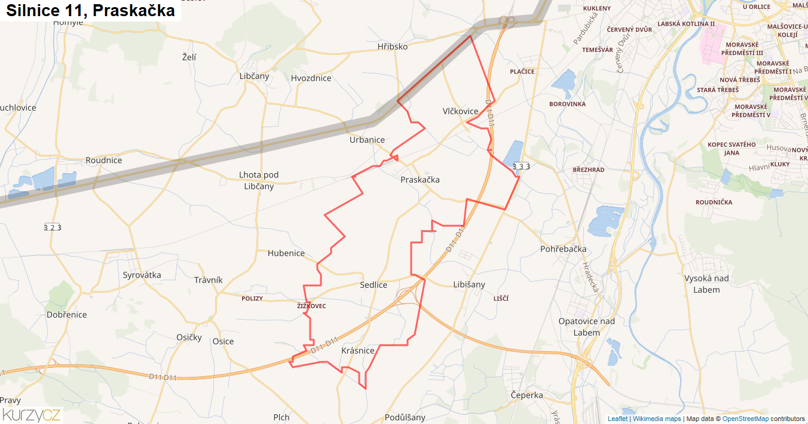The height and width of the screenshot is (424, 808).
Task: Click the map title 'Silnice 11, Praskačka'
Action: pos(91,11)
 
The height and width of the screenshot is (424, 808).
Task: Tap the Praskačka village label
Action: pos(420,179)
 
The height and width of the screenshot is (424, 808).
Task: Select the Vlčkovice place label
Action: pos(460,111)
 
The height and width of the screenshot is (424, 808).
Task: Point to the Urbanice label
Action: pos(367,140)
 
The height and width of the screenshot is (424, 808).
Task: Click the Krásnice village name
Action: pos(357,351)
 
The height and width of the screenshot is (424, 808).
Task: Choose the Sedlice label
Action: pos(374,285)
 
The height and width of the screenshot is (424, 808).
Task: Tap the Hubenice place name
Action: pos(286,253)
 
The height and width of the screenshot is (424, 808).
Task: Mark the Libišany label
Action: pos(469,284)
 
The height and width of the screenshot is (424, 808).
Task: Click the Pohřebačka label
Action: pos(563,248)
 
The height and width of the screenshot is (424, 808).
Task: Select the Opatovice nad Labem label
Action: pos(586,327)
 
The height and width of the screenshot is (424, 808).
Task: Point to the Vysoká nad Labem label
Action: pos(706,284)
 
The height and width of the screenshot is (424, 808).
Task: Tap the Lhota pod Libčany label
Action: pos(259,180)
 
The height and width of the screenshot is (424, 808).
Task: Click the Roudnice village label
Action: pos(103,160)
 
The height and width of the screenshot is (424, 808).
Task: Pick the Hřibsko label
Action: pos(393,46)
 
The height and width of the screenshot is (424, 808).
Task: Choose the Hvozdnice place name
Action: pos(311,78)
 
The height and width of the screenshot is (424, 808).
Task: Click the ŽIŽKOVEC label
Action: pos(311,306)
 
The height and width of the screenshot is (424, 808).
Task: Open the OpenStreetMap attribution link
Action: pos(746,419)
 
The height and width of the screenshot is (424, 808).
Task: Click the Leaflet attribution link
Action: pos(617,419)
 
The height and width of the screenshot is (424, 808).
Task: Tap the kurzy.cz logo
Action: pos(31,414)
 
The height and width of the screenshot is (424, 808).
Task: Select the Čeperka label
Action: pos(527,395)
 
